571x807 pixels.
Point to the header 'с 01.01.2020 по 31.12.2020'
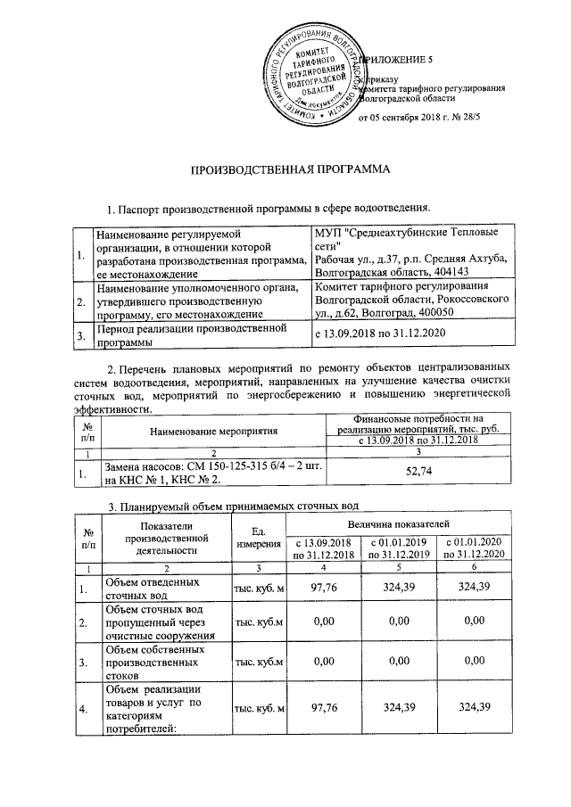coord(474,548)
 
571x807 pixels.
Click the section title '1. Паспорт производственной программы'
coord(269,209)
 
